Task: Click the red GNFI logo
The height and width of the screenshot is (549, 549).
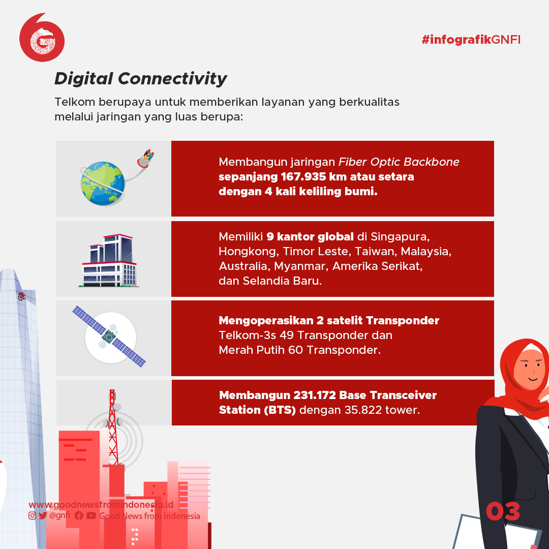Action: tap(42, 38)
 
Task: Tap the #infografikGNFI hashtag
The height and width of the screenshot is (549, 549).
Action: tap(471, 40)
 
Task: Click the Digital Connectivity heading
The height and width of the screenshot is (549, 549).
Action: tap(141, 79)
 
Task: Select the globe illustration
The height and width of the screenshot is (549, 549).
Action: tap(103, 183)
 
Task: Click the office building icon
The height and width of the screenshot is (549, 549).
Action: tap(109, 260)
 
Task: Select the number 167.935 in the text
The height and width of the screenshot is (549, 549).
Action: tap(303, 176)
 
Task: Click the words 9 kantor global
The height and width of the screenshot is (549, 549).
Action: tap(310, 237)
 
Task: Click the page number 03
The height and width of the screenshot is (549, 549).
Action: tap(503, 511)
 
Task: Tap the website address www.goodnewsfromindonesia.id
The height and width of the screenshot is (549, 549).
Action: tap(101, 505)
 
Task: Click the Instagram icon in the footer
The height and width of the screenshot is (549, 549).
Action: tap(32, 515)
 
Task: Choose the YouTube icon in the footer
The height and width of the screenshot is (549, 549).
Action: tap(91, 515)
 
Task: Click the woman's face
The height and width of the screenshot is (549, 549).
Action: tap(530, 370)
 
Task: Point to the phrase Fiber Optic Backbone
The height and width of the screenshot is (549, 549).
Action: tap(399, 162)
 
